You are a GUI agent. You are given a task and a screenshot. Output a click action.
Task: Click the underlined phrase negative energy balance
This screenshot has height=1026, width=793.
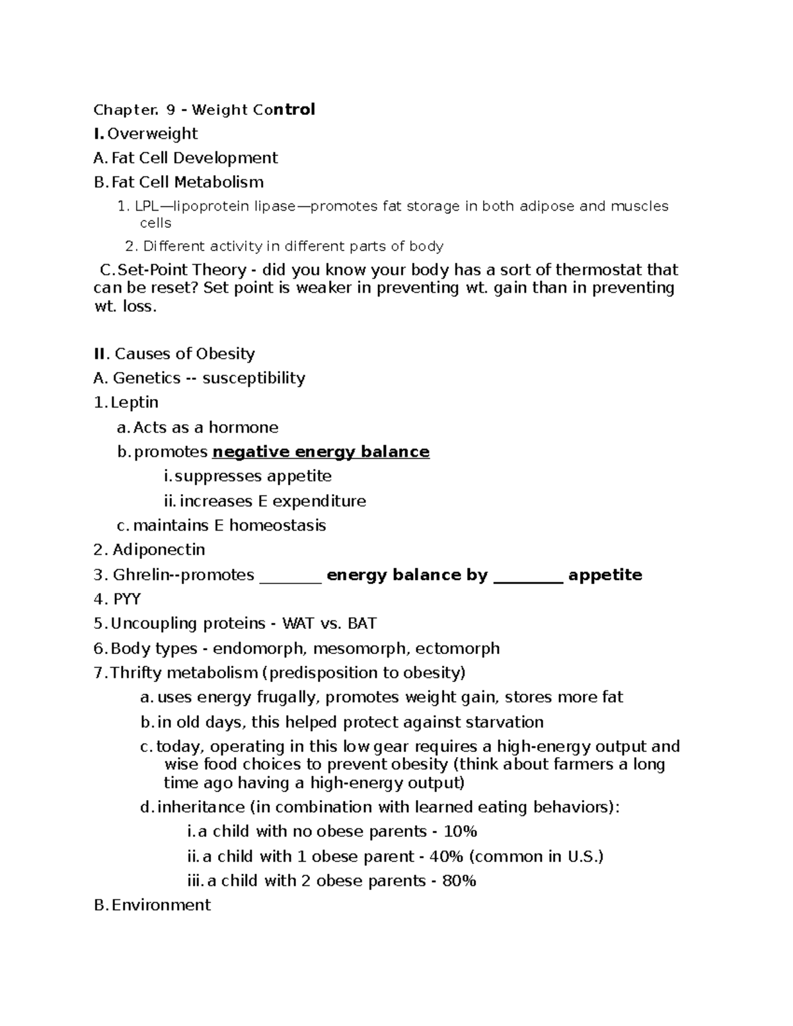click(321, 452)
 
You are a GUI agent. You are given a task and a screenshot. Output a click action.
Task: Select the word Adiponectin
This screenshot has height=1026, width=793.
click(159, 550)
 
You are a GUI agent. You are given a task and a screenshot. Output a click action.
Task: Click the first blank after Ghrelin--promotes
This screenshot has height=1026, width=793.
click(290, 576)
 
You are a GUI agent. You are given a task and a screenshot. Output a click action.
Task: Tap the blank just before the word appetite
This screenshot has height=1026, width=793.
click(528, 576)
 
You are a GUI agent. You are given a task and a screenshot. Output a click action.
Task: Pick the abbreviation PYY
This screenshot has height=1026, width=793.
click(127, 599)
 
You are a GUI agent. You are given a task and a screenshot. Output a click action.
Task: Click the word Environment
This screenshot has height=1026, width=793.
click(161, 905)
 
